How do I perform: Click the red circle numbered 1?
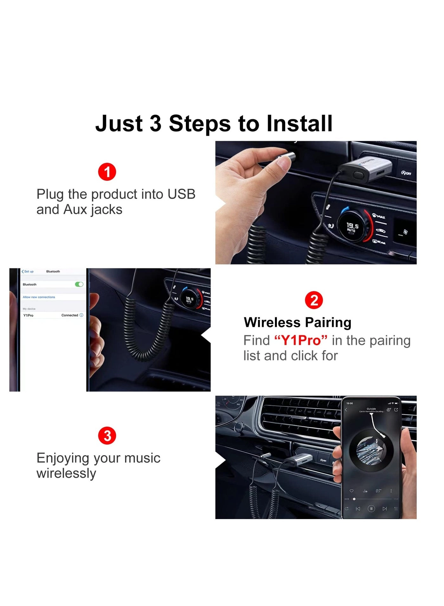(x=107, y=172)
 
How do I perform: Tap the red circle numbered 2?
(x=314, y=300)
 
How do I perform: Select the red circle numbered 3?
(x=107, y=436)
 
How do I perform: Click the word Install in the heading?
(x=299, y=123)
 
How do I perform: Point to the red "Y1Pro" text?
(x=301, y=340)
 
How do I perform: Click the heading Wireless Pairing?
(x=297, y=322)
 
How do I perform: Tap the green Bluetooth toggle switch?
(x=79, y=284)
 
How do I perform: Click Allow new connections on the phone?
(x=39, y=297)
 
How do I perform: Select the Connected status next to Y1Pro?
(x=70, y=315)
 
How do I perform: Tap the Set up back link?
(x=28, y=272)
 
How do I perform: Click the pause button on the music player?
(x=371, y=509)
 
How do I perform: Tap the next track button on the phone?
(x=384, y=509)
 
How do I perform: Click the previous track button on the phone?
(x=358, y=509)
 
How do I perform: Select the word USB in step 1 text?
(x=181, y=194)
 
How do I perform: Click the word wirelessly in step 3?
(x=66, y=473)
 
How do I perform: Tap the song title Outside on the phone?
(x=371, y=409)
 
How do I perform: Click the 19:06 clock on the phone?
(x=349, y=403)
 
